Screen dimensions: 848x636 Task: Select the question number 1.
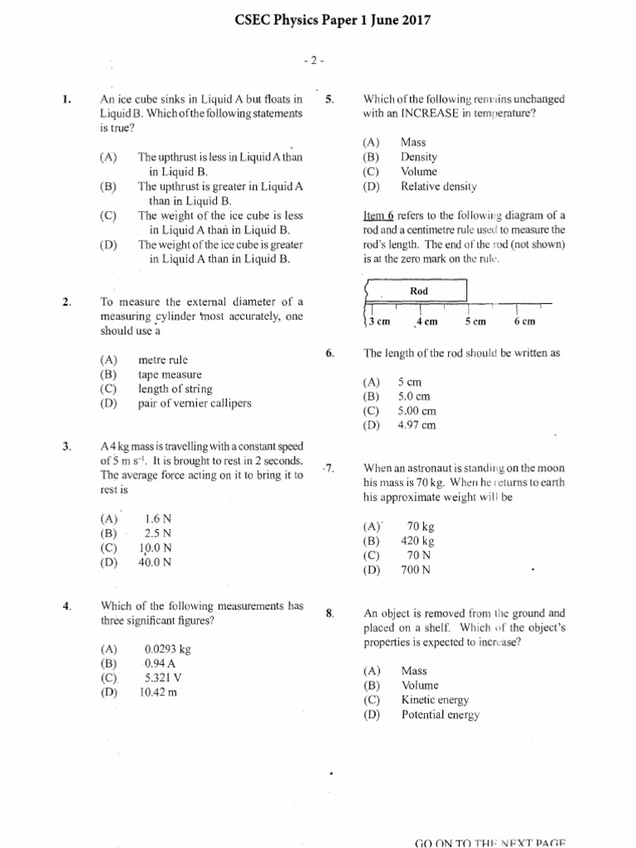point(66,100)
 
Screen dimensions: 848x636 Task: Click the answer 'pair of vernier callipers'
point(195,403)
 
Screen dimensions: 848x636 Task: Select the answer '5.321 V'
point(162,677)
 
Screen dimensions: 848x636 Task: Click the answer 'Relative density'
point(439,186)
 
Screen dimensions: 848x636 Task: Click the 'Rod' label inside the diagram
point(419,291)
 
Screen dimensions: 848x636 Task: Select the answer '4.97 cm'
point(417,426)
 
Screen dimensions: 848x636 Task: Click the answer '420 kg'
point(417,541)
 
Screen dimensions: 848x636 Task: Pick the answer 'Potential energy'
point(440,715)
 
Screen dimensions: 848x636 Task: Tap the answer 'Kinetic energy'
point(435,700)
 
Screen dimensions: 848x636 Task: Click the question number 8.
point(330,614)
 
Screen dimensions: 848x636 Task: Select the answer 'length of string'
point(175,388)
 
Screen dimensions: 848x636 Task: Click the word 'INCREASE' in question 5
point(425,113)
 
